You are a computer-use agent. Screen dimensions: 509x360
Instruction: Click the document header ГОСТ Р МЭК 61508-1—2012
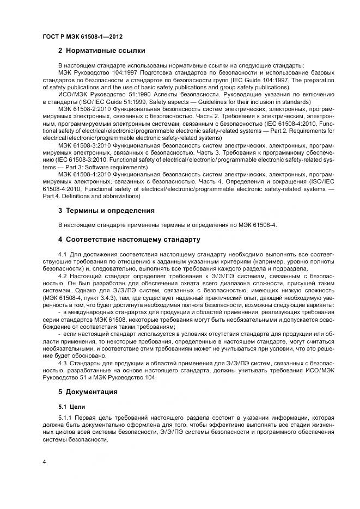click(82, 36)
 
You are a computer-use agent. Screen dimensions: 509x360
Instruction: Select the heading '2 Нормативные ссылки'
click(101, 51)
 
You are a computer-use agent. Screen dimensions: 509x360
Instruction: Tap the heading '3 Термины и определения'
click(106, 210)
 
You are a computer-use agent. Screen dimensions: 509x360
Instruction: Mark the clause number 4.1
click(62, 254)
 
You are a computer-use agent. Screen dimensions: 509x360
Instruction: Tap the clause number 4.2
click(62, 275)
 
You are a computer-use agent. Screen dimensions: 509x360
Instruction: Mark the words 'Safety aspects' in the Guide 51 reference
click(165, 102)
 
